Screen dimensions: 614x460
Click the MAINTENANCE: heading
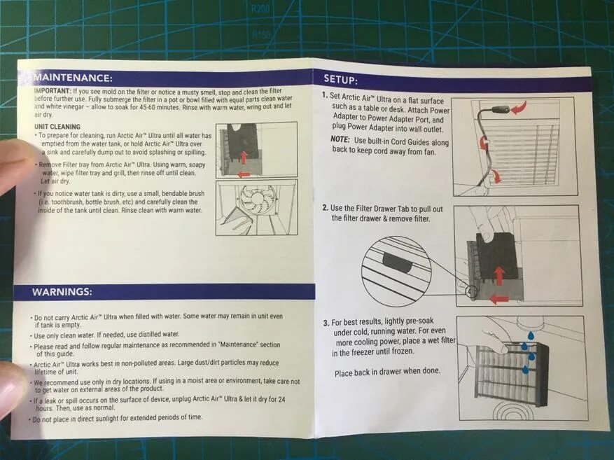pos(73,78)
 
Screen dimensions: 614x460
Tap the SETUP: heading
pos(340,80)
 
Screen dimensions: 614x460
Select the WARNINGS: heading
pos(62,292)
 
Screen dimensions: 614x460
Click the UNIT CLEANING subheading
pos(57,127)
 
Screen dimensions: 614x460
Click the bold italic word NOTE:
pos(340,139)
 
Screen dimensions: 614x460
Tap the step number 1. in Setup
pos(325,95)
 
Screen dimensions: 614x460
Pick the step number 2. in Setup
pos(326,208)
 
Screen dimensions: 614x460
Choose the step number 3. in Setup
pos(326,323)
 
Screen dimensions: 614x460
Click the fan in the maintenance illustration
pos(255,200)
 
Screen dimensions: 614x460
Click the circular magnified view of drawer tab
pos(396,266)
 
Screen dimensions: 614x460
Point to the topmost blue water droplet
pos(530,335)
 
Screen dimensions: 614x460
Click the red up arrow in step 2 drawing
pos(499,276)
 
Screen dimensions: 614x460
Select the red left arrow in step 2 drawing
pos(499,300)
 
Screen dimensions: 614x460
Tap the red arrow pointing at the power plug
pos(519,107)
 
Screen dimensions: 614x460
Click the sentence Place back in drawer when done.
pos(387,372)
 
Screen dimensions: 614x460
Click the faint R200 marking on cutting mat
pos(259,8)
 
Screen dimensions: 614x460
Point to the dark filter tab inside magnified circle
pos(397,262)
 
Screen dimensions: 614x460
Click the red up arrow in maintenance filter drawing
pos(244,158)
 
